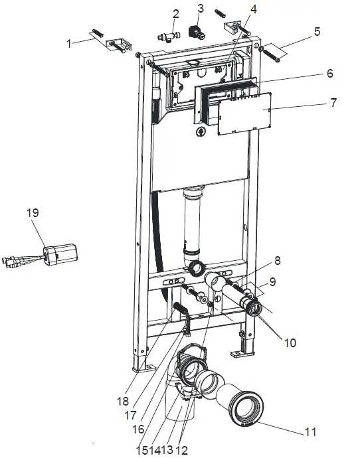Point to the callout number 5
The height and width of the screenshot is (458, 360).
317,32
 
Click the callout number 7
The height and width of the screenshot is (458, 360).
334,102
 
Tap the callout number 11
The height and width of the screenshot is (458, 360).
310,432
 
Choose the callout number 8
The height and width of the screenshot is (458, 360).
278,261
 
